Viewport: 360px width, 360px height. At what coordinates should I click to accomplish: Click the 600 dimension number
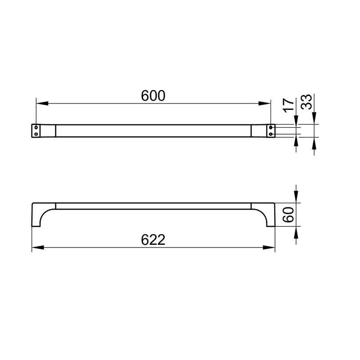153,96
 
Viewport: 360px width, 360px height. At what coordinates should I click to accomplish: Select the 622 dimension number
153,240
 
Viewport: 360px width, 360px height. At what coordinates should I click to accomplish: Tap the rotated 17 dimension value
288,105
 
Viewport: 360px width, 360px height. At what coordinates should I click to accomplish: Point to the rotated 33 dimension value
307,102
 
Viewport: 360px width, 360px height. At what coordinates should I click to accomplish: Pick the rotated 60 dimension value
288,215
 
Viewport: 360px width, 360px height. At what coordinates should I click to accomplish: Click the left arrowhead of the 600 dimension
42,103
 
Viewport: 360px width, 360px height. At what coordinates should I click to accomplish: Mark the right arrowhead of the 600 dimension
265,103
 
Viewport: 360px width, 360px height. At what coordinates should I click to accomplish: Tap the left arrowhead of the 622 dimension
38,247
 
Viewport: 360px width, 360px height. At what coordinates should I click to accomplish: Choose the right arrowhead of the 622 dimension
269,247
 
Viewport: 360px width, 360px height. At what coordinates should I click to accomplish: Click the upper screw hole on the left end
36,127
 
